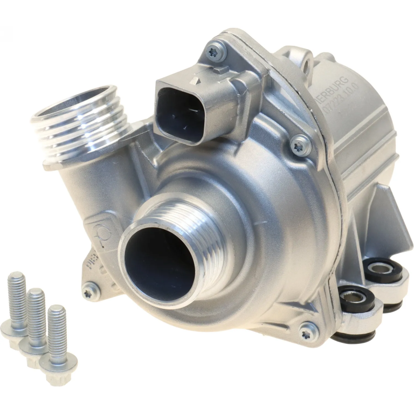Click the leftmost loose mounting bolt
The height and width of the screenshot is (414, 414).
click(17, 302)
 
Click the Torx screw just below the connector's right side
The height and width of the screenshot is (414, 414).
click(300, 144)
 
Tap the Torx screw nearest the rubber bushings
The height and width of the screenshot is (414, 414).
click(308, 330)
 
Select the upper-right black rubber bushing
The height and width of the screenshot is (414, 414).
click(384, 268)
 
